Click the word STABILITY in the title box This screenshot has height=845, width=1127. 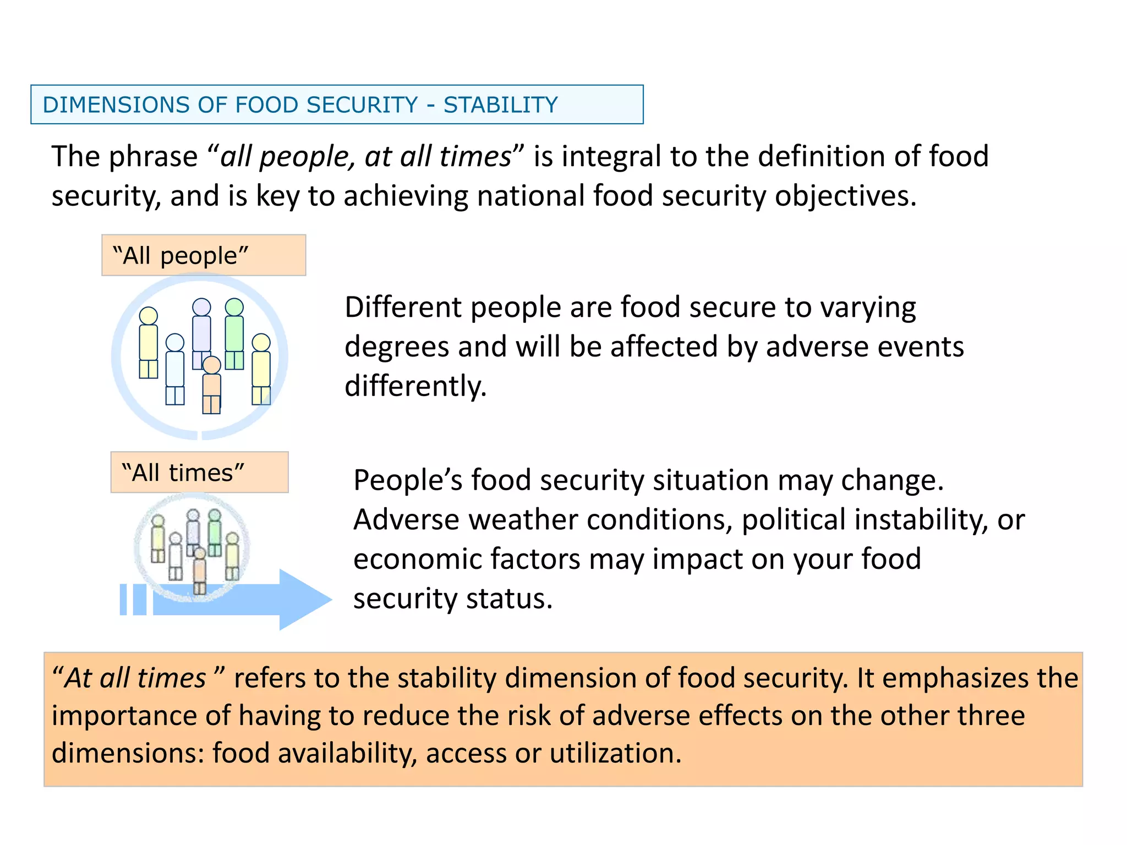(500, 105)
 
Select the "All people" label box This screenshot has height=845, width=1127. (203, 255)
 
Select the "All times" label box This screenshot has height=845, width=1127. (199, 473)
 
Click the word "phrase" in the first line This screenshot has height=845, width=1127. (152, 157)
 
